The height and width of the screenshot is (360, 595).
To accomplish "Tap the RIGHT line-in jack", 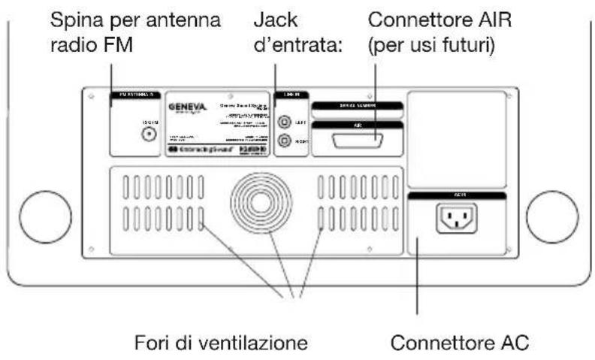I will (285, 140).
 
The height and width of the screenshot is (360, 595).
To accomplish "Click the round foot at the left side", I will (42, 215).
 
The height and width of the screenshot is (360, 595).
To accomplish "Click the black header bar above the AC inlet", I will (455, 195).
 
